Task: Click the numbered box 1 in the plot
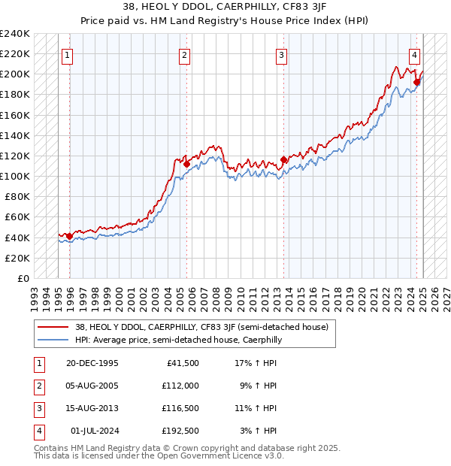click(68, 54)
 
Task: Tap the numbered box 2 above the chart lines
click(185, 54)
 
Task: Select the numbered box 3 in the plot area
click(281, 54)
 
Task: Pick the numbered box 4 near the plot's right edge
click(414, 54)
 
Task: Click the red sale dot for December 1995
click(70, 236)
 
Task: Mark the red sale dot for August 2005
click(186, 163)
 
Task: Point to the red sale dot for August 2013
click(284, 159)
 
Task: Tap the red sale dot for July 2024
click(416, 82)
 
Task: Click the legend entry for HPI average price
click(177, 340)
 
